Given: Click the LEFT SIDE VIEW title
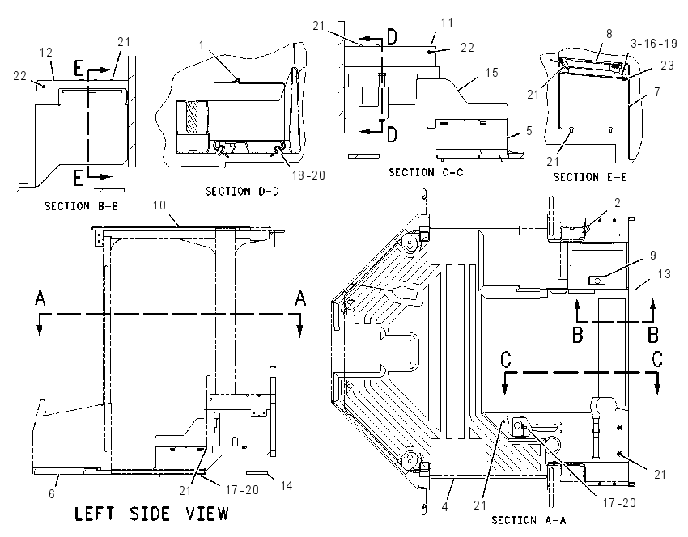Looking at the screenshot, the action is coord(152,514).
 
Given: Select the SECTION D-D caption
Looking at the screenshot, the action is coord(242,191).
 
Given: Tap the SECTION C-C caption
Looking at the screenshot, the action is coord(426,172).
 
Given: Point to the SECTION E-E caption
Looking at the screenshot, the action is coord(590,177).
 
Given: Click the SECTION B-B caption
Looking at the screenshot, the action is coord(82,206).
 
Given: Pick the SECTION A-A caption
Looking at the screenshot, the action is coord(529,520).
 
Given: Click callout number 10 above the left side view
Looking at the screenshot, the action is coord(159,205).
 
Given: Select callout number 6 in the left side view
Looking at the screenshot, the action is coord(52,493).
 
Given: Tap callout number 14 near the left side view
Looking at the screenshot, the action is coord(287,486).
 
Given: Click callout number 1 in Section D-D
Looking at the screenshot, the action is coord(202,45).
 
